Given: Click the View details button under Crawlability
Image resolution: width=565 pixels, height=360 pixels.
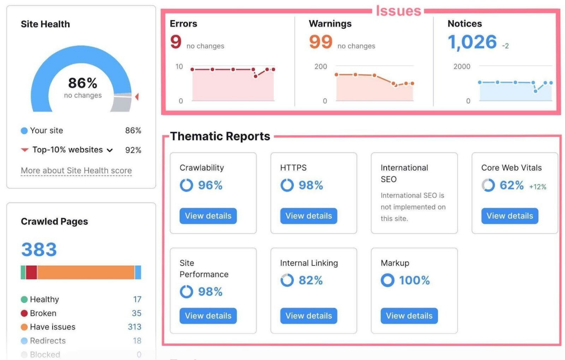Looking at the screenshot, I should coord(208,216).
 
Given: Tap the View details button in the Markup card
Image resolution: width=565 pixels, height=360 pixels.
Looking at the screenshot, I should coord(409,316).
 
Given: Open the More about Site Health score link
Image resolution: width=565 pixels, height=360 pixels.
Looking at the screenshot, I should coord(76,171).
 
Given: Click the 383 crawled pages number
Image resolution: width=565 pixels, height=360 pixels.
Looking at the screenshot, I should coord(39,250).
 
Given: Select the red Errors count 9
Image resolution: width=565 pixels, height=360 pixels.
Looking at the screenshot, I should coord(176,42).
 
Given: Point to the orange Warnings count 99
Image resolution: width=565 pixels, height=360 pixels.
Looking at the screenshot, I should coord(321,42).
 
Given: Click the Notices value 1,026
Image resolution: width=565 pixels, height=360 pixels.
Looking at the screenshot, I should coord(472,42).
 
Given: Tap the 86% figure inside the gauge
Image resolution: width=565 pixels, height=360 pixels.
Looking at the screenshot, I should coord(82,83).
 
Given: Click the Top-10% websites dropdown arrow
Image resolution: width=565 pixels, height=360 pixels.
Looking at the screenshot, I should coord(110,150).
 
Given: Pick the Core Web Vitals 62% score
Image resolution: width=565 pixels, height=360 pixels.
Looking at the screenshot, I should coord(512,186).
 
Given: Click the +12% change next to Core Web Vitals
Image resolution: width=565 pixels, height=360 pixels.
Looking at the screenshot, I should coord(538,187).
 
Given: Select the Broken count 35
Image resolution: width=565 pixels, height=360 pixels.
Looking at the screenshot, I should coord(136,313).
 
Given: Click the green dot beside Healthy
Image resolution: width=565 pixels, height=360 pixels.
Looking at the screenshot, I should coord(24,300).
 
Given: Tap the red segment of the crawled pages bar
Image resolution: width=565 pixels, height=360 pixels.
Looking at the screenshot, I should coord(31,273).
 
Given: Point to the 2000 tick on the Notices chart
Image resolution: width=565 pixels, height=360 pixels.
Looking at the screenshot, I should coord(462,66).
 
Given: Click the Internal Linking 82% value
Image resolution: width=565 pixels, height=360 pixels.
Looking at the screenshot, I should coord(310,281).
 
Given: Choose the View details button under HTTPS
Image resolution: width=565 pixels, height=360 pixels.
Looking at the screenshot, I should coord(308,216).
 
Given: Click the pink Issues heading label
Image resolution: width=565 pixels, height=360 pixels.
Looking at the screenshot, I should coord(398,11).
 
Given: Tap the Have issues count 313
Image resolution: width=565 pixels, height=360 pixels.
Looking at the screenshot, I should coord(134,327).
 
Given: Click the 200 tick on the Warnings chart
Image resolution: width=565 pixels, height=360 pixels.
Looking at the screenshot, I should coord(320,66).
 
